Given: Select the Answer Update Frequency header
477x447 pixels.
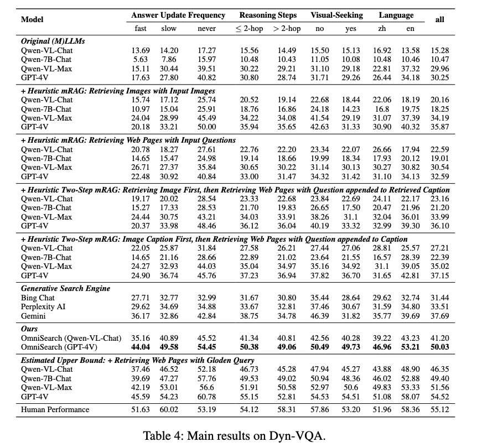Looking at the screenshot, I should pyautogui.click(x=178, y=15).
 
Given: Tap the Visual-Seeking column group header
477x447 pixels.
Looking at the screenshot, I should pyautogui.click(x=337, y=15).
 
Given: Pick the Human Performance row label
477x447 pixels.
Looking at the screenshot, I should pyautogui.click(x=55, y=410).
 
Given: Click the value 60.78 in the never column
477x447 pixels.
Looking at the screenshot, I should pyautogui.click(x=207, y=397).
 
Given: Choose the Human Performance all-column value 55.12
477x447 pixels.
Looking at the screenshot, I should pyautogui.click(x=439, y=410).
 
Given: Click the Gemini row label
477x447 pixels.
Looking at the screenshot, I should pyautogui.click(x=34, y=316).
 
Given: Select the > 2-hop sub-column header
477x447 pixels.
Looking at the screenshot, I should pyautogui.click(x=286, y=28).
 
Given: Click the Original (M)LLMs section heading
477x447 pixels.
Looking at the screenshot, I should pyautogui.click(x=53, y=41).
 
